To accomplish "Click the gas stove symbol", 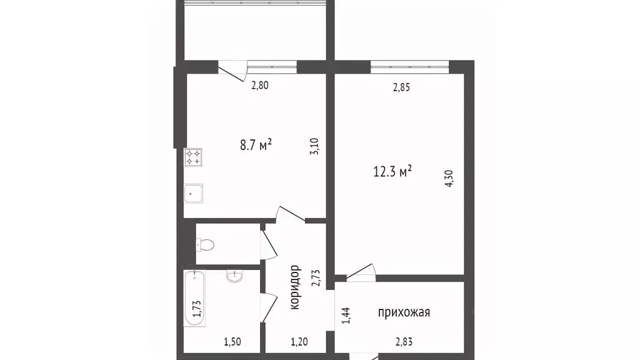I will [x=192, y=157].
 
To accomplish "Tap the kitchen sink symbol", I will [x=192, y=194].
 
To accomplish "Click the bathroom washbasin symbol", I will [x=235, y=276].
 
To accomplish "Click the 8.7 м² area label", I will [x=256, y=146].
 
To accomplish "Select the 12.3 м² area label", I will [x=392, y=171].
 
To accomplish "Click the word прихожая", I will [x=404, y=312].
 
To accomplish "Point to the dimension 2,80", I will [x=260, y=86].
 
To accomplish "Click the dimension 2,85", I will [x=401, y=87].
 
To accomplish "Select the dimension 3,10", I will [x=315, y=150].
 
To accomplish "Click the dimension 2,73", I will [x=316, y=277].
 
